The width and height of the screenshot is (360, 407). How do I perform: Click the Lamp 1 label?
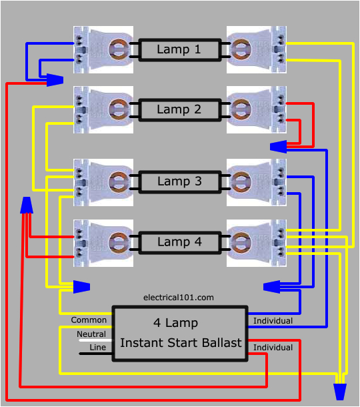click(178, 49)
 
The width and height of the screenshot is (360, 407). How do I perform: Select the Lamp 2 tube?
click(178, 109)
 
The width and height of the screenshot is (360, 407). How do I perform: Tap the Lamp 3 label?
click(178, 181)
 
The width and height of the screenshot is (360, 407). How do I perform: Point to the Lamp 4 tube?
click(178, 242)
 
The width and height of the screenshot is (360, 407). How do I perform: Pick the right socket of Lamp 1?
click(256, 49)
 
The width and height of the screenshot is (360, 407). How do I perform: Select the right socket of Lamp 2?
click(256, 109)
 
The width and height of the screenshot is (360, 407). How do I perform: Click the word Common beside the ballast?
click(89, 320)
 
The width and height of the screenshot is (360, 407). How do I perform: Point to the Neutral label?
click(91, 334)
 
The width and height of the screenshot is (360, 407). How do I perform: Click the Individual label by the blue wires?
click(273, 321)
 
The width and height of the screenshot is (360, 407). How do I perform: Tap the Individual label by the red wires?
click(273, 348)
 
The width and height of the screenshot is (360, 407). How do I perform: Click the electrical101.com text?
click(179, 298)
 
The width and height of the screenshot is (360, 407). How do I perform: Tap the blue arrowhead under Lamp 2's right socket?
click(279, 146)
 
